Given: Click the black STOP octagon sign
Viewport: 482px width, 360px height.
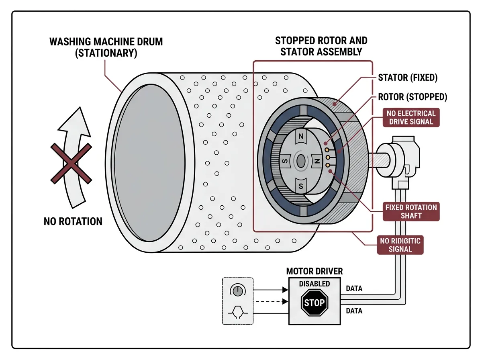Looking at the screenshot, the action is point(315,303).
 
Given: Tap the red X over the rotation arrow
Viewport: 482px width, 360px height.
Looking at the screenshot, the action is point(71,164).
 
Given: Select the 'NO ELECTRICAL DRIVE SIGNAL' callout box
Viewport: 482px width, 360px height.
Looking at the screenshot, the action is point(411,117).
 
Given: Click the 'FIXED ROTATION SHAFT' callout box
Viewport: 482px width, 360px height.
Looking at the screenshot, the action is point(411,211).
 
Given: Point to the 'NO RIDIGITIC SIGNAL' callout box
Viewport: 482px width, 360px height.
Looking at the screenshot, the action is point(400,245).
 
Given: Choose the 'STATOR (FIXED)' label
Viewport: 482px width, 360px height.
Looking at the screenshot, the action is point(408,78).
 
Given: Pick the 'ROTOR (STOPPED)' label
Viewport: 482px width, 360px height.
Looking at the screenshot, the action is point(413,97).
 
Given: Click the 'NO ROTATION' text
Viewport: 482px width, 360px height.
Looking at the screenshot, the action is point(73,221).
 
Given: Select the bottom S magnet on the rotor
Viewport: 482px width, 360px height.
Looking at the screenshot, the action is point(301,186).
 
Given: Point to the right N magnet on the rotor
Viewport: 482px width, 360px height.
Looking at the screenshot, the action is point(317,161).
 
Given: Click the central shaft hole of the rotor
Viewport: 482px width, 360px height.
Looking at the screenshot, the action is point(301,162).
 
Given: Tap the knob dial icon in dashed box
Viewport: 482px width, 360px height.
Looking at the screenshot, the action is point(238,291).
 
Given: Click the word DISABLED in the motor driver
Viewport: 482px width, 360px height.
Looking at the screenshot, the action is point(315,284).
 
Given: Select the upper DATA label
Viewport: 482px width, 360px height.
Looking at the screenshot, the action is point(354,288).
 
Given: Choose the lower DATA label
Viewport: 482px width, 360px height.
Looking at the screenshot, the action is point(354,311).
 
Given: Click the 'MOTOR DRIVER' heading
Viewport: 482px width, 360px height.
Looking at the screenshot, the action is point(315,272).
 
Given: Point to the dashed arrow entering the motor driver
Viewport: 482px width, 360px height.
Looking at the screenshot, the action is point(272,302).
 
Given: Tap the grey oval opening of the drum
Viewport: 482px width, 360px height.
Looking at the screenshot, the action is point(149,163).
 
